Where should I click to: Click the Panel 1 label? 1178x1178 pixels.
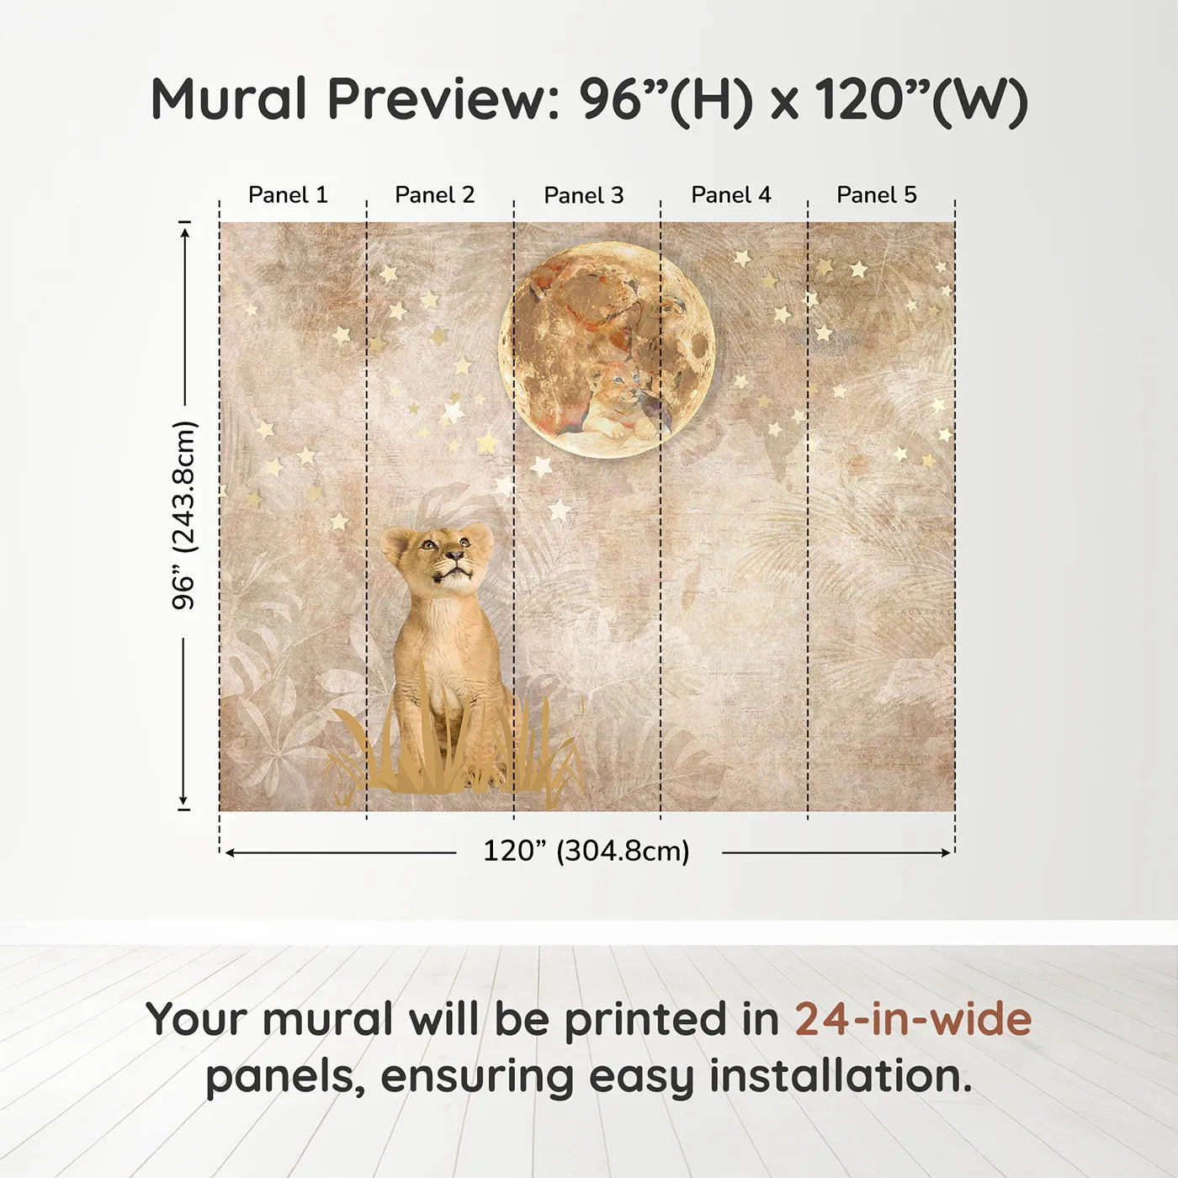coord(288,195)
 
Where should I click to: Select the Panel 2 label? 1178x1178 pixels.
coord(435,195)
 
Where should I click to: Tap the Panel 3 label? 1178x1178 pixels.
coord(584,195)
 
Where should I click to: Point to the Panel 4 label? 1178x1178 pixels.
coord(731,195)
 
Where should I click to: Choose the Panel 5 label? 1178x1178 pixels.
coord(877,195)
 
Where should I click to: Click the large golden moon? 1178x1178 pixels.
coord(607,348)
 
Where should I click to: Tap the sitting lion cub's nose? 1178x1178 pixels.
coord(455,555)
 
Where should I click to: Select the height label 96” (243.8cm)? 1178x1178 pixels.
coord(183,515)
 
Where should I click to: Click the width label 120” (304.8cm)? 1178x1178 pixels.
coord(586,851)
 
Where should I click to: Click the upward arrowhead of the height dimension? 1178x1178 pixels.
coord(185,231)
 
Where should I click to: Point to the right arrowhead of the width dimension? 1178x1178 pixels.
coord(947,852)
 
